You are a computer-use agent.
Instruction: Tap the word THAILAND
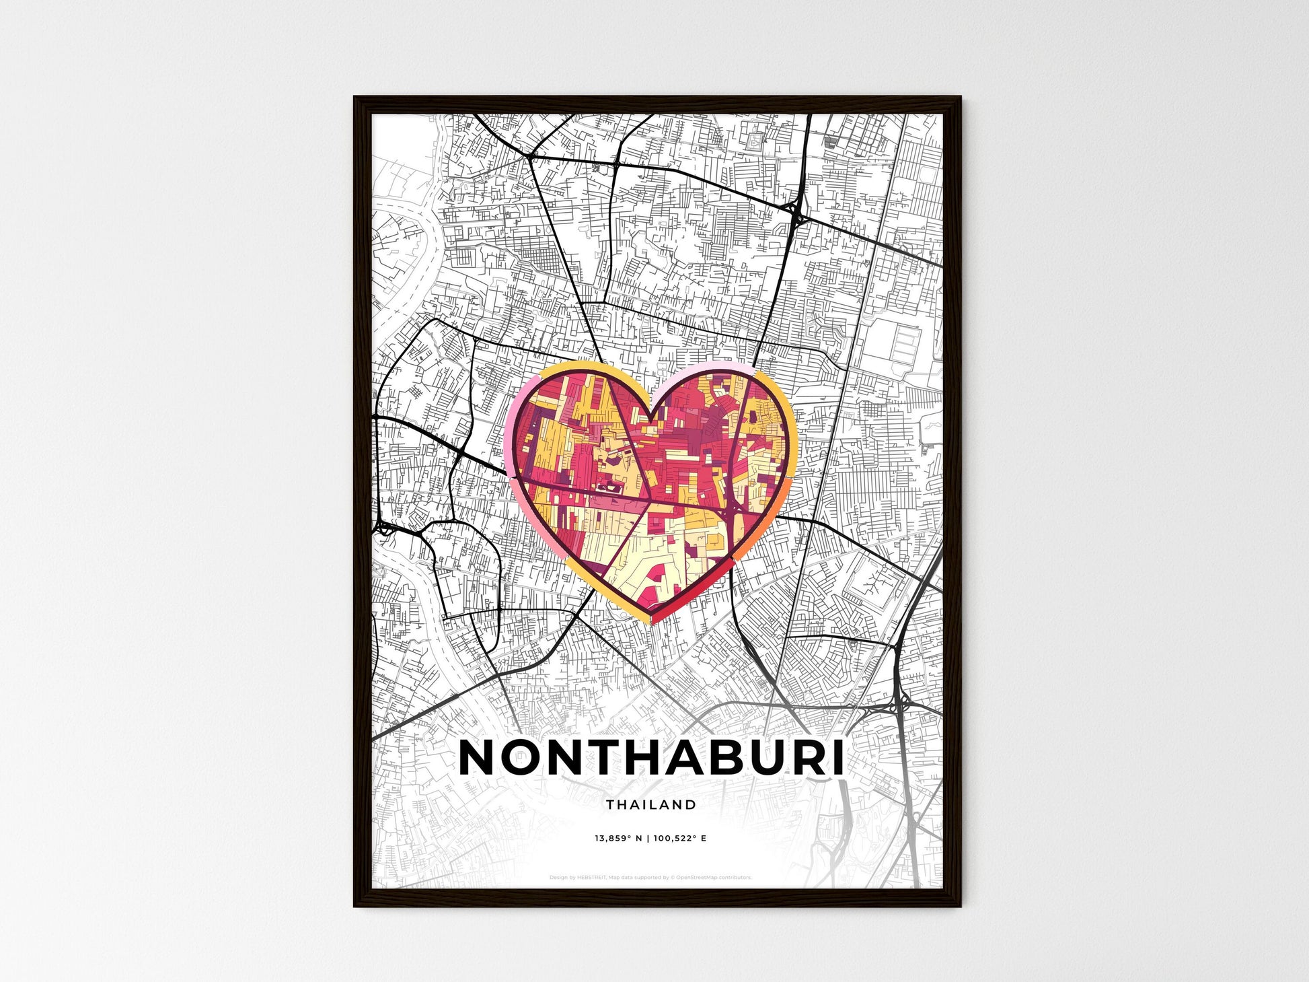(651, 804)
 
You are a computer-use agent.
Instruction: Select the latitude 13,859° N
(618, 839)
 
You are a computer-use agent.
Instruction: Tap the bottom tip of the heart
(652, 622)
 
